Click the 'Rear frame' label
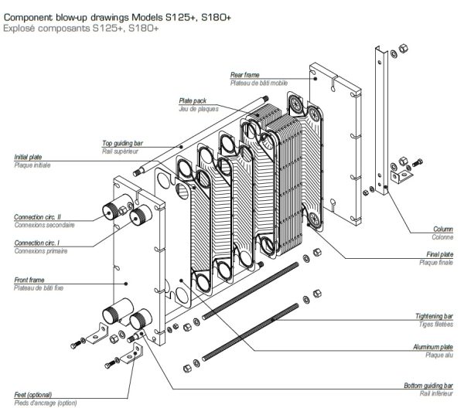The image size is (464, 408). pyautogui.click(x=246, y=74)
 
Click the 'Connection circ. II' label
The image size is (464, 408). pyautogui.click(x=39, y=216)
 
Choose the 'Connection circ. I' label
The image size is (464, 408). pyautogui.click(x=38, y=243)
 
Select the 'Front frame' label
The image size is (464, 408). pyautogui.click(x=29, y=280)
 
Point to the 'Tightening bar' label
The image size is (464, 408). pyautogui.click(x=435, y=316)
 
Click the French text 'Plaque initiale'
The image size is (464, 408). pyautogui.click(x=30, y=165)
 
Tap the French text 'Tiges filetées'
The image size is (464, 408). pyautogui.click(x=438, y=324)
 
